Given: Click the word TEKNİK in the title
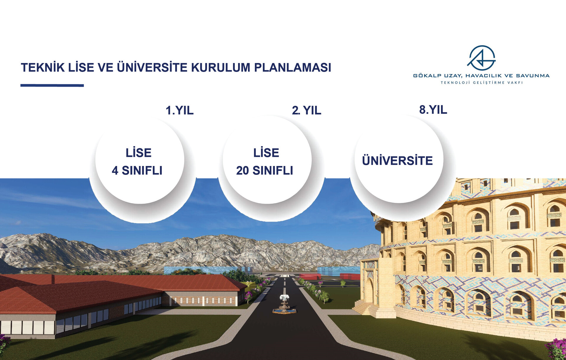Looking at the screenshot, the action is [x=43, y=67].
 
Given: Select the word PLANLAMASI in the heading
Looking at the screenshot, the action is [x=293, y=68].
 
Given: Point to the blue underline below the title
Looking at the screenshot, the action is [x=52, y=86].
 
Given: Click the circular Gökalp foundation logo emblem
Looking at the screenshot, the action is [x=481, y=58].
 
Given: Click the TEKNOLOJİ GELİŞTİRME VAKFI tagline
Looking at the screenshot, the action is [x=482, y=83].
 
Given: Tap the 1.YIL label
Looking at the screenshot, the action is [x=180, y=110].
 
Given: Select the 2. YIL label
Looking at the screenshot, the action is [x=306, y=110].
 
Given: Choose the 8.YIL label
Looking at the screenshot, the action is [x=433, y=110].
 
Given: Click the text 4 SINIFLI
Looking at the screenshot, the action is [x=137, y=170].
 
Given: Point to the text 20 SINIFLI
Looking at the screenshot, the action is [x=265, y=170].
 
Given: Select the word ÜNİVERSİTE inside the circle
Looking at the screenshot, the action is [x=397, y=160].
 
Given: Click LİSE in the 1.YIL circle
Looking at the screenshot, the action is [x=139, y=153].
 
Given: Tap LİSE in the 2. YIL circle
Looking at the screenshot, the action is [x=266, y=153].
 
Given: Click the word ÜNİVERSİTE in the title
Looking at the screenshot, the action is [x=152, y=67].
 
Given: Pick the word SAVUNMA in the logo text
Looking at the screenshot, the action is [x=533, y=76].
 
